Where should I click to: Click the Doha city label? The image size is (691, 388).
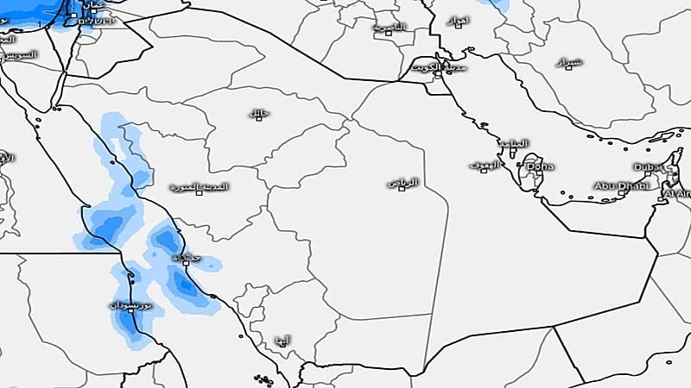tap(542, 166)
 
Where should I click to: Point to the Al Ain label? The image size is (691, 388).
tap(677, 195)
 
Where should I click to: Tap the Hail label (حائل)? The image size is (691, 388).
tap(257, 113)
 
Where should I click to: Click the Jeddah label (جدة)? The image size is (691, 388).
tap(183, 257)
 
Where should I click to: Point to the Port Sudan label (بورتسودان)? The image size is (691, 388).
tap(132, 306)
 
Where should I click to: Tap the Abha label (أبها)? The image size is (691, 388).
tap(281, 340)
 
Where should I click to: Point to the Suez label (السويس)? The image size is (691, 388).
tap(19, 54)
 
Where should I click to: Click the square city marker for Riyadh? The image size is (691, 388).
tap(402, 188)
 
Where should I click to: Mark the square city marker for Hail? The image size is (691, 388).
tap(257, 119)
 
